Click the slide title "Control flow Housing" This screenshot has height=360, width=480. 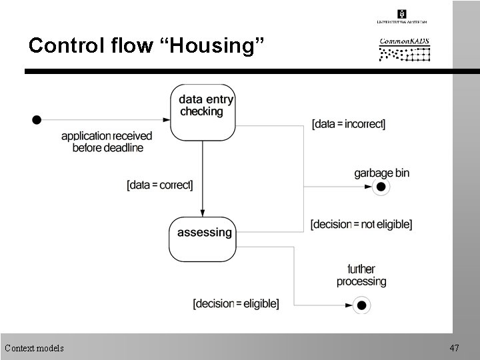[147, 46]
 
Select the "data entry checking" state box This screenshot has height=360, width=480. [203, 112]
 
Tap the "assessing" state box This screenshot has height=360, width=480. [203, 239]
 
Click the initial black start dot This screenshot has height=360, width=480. [37, 119]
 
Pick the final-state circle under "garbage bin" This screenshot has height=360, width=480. [381, 187]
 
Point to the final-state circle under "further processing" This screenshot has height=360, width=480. [361, 305]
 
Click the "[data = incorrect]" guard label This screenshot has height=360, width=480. [348, 124]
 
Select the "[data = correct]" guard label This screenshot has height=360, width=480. [159, 185]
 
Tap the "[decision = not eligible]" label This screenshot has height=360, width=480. [361, 225]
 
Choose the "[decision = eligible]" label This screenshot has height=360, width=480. [235, 304]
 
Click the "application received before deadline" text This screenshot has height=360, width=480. [107, 141]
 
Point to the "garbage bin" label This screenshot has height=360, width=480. [381, 173]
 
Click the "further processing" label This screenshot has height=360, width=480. [361, 275]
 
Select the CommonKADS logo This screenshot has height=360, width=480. [405, 49]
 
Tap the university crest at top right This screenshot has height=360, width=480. [402, 14]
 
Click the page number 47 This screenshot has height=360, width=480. [455, 347]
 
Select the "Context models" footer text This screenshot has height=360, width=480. [34, 347]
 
